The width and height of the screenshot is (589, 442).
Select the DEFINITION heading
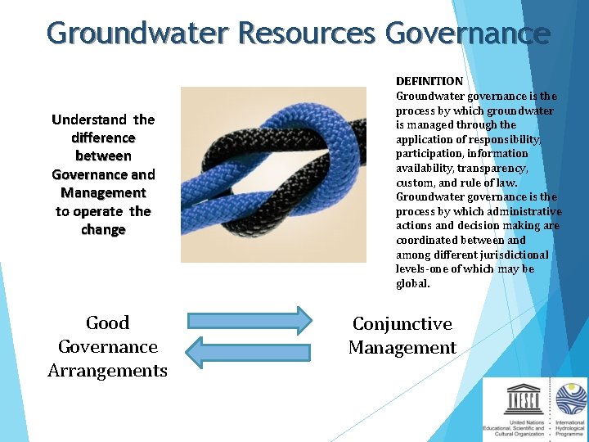429,81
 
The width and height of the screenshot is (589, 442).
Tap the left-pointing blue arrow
248,352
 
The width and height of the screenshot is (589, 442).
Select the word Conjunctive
402,324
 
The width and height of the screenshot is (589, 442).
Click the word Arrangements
107,371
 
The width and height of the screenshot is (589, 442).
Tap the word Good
107,323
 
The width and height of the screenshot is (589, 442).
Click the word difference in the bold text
103,138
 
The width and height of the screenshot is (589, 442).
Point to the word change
103,230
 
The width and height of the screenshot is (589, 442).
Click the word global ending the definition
412,284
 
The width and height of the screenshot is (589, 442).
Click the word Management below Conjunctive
402,348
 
